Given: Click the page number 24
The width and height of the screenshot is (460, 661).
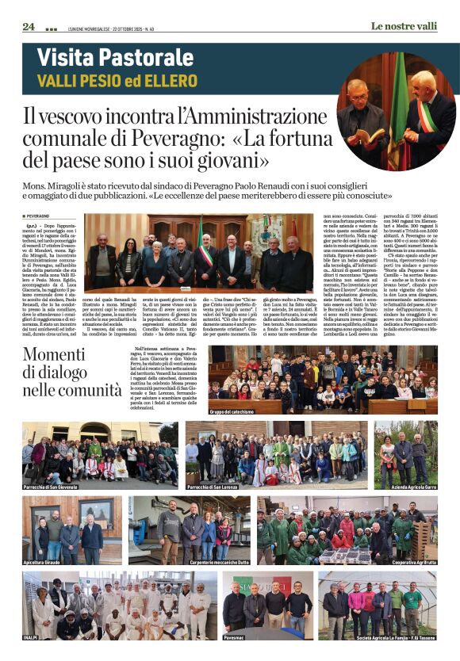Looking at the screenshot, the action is [x=29, y=27].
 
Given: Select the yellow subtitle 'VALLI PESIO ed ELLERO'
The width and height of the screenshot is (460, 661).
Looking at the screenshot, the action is [x=117, y=81].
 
